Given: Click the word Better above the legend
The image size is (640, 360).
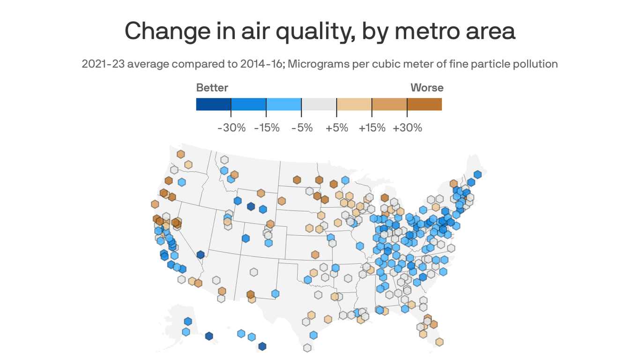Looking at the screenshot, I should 212,88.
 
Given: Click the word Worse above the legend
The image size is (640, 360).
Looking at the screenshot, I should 427,88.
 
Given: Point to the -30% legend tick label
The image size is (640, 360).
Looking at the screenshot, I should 231,127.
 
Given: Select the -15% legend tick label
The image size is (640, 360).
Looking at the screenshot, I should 267,127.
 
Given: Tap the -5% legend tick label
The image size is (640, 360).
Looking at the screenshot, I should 302,127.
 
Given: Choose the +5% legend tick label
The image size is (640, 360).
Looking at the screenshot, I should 337,127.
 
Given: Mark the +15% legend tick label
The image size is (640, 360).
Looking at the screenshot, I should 372,127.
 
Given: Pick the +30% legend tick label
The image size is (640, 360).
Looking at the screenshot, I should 407,127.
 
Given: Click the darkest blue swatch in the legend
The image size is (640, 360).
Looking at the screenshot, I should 214,104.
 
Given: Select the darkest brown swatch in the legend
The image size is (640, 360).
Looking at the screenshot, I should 424,104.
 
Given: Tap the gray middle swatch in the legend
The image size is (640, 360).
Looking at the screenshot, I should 319,104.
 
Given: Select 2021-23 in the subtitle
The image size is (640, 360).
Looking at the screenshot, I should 103,64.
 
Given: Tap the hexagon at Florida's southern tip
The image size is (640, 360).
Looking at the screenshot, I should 439,342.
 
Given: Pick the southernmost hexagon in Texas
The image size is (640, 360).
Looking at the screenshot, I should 307,347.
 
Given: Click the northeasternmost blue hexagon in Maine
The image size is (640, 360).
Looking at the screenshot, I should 477,174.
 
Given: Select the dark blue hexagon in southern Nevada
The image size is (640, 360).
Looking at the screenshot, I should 201,255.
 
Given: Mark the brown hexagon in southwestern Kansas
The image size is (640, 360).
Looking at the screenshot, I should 315,255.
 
